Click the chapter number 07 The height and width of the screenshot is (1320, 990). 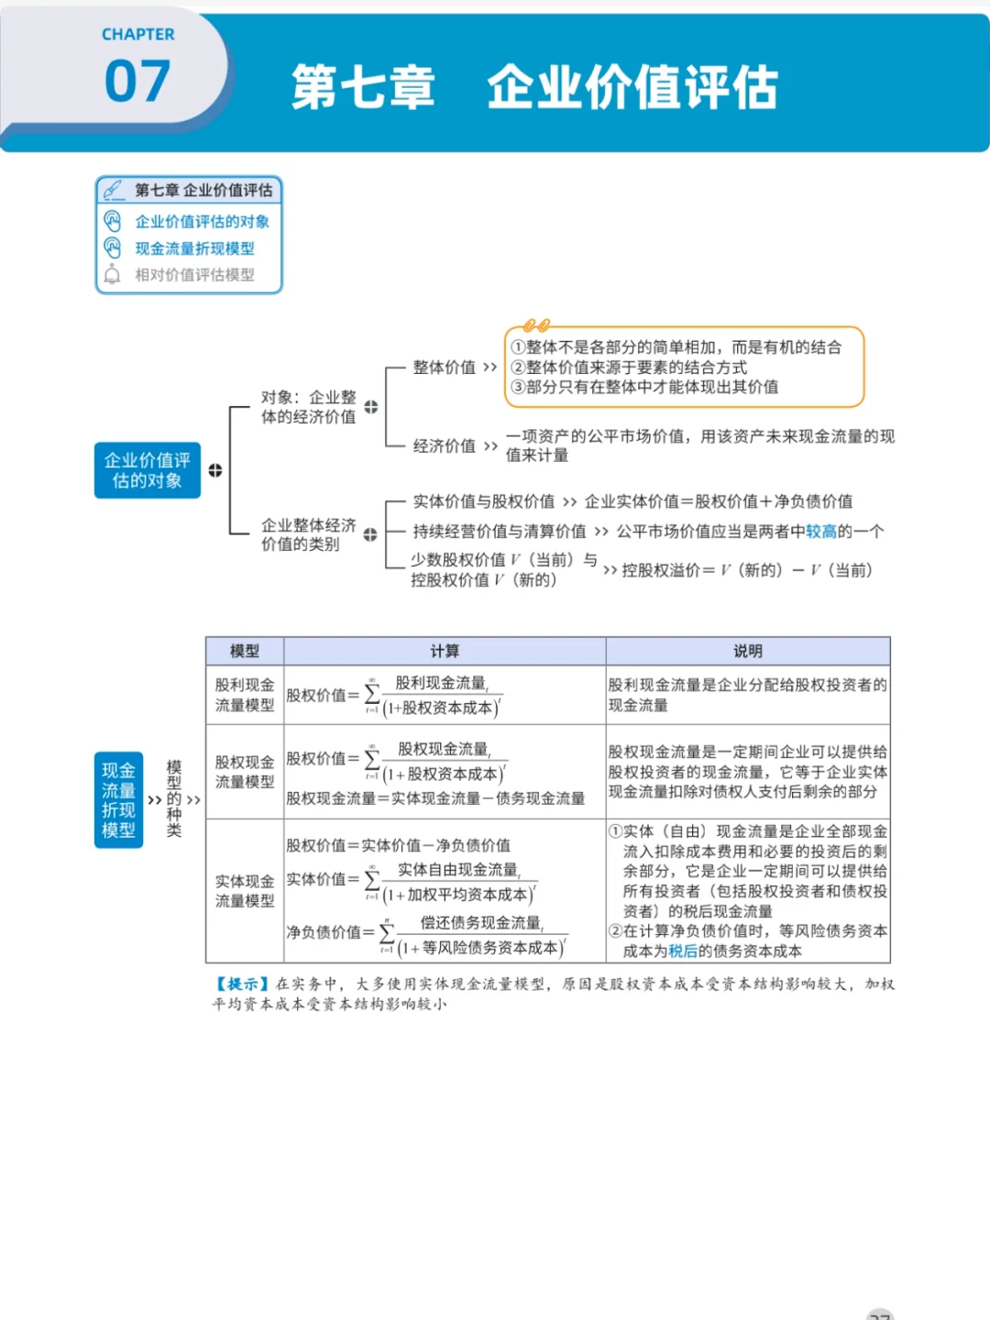point(137,82)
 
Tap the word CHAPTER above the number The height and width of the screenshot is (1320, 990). point(137,35)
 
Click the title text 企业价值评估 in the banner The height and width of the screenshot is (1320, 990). point(632,88)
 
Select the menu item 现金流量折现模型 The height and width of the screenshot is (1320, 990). point(194,248)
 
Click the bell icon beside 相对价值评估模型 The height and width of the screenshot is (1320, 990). point(113,274)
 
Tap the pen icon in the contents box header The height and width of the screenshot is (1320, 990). point(114,190)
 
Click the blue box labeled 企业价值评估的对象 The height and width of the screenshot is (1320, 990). point(147,470)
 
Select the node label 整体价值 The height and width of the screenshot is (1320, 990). point(444,368)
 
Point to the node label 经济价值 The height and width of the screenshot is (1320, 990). point(444,446)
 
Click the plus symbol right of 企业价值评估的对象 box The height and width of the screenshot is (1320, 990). point(215,470)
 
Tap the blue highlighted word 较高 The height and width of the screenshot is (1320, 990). point(820,532)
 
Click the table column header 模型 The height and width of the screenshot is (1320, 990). point(245,651)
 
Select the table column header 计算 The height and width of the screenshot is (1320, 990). point(445,651)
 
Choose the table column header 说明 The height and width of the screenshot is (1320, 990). point(747,651)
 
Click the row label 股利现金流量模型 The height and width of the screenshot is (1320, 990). point(245,695)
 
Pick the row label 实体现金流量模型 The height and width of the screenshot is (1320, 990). point(245,891)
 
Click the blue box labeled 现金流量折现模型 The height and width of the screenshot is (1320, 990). point(118,800)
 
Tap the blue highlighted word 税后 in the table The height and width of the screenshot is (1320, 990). point(682,951)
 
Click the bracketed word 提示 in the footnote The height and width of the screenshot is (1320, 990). point(243,984)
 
